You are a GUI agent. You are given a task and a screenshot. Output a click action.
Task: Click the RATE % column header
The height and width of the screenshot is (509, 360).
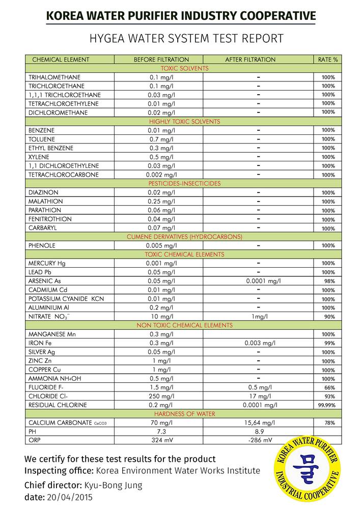[x=328, y=60]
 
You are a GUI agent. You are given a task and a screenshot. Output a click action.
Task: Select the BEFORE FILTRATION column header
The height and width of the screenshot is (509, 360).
[x=161, y=60]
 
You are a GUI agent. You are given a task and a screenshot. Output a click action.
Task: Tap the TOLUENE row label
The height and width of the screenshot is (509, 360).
[x=42, y=139]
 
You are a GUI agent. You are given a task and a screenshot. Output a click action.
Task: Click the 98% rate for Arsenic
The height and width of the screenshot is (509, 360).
[x=329, y=281]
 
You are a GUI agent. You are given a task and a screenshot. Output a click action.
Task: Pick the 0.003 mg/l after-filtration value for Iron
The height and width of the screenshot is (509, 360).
[x=260, y=343]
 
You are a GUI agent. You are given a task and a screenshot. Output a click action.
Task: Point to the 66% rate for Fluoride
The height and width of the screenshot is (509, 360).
[x=329, y=387]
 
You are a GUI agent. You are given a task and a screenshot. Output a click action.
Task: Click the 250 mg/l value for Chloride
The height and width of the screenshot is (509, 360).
[x=161, y=396]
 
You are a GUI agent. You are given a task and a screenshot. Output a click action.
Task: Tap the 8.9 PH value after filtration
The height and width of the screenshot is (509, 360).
[x=259, y=431]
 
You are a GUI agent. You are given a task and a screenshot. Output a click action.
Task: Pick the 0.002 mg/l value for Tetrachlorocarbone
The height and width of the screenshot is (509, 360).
[x=161, y=175]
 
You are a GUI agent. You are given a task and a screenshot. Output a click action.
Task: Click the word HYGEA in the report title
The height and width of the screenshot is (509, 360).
[x=107, y=38]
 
